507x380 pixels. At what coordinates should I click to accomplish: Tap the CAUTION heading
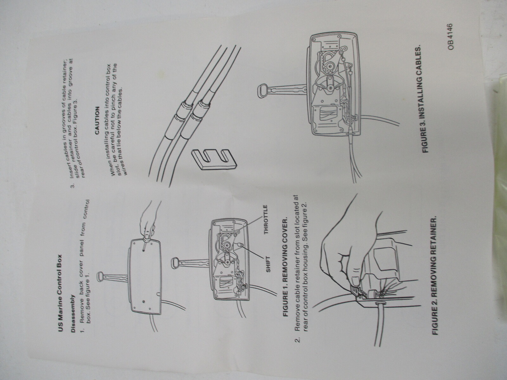pos(97,120)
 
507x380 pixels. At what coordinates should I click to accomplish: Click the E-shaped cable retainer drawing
pos(214,159)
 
